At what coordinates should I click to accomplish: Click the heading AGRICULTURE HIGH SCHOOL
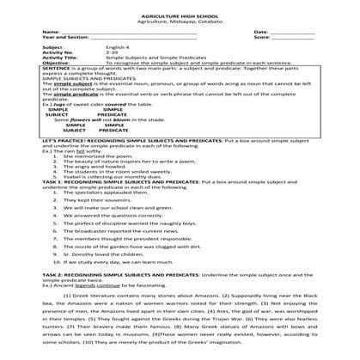[180, 15]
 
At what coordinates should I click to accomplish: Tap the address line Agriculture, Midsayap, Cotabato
[180, 21]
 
